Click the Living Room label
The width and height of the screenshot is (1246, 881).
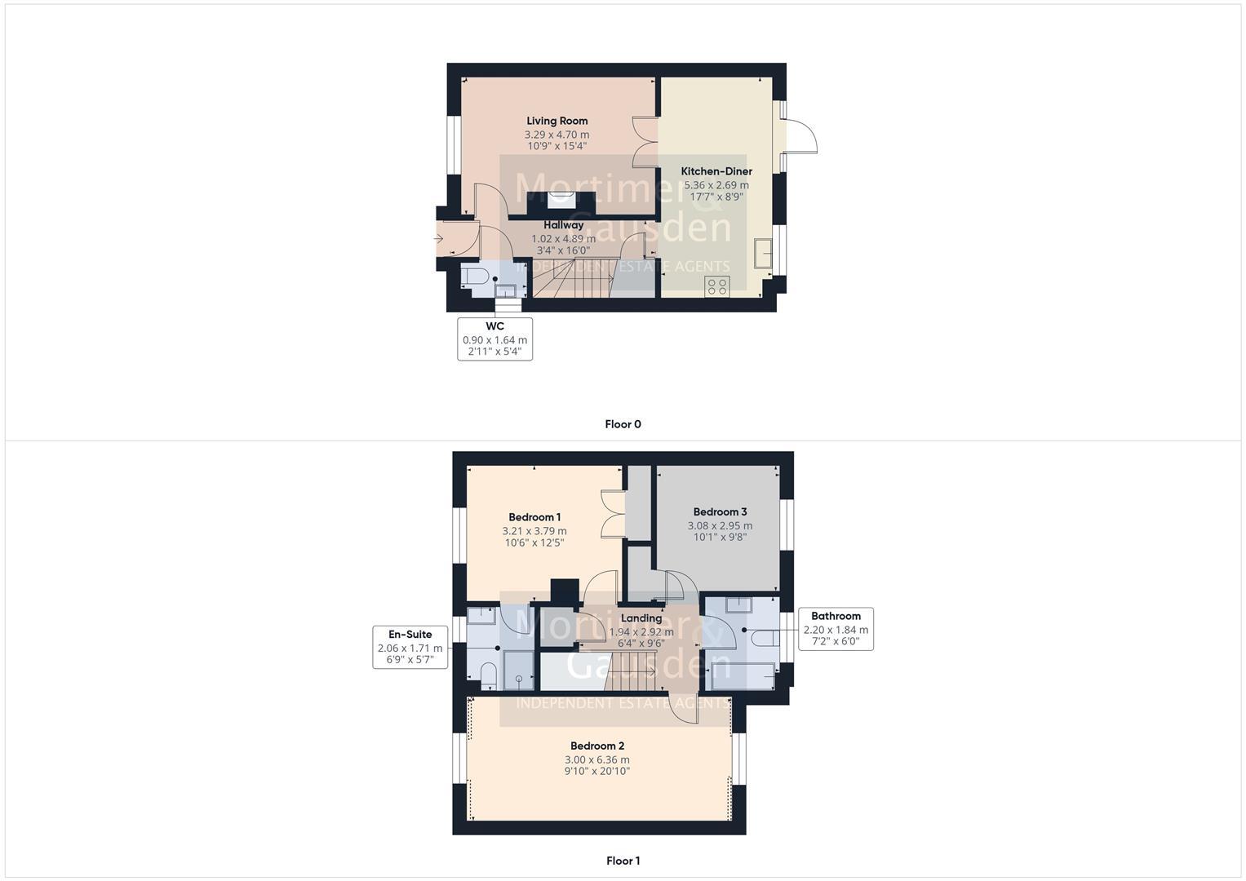point(556,121)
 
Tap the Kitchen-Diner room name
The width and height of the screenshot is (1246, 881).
point(716,171)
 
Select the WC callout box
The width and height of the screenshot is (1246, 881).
point(494,339)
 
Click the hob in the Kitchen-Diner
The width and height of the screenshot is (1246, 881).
point(717,286)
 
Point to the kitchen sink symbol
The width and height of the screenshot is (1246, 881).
point(763,253)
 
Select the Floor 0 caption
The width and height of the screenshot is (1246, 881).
point(623,424)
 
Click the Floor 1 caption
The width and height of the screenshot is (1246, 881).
point(623,861)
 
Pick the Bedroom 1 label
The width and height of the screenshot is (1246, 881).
point(534,517)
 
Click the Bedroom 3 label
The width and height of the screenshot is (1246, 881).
point(720,512)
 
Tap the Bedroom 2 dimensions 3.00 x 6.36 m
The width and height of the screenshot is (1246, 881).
point(597,759)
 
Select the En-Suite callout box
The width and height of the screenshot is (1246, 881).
point(410,647)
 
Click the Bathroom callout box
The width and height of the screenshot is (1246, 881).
point(836,629)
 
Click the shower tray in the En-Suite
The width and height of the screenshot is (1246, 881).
point(518,671)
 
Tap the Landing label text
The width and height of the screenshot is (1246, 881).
point(641,618)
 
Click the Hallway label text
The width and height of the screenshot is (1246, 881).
point(563,225)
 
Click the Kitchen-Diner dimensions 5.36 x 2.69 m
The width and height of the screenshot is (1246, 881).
point(716,185)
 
